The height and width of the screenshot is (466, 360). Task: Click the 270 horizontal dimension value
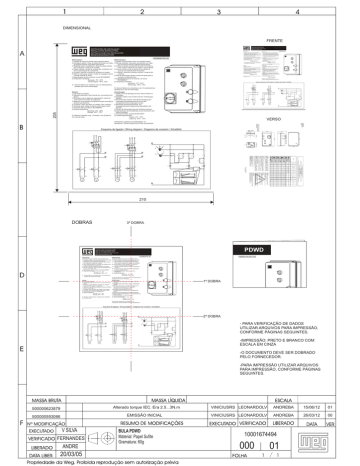coord(144,200)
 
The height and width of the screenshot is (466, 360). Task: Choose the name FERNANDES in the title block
coord(67,438)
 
